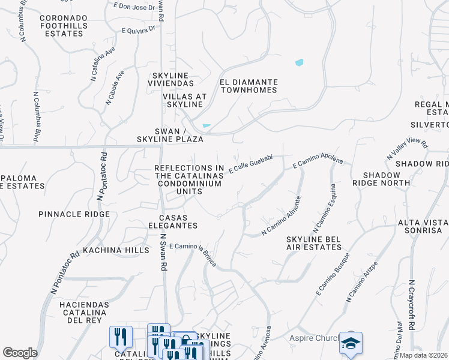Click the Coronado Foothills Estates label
pos(61,26)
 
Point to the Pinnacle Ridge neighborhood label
pos(74,214)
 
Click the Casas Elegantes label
pos(178,221)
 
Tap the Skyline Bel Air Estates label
pos(313,243)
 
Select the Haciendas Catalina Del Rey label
pos(84,313)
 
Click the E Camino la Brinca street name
pos(191,251)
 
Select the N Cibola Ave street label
pos(115,88)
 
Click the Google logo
pos(20,353)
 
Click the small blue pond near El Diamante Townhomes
pos(299,62)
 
